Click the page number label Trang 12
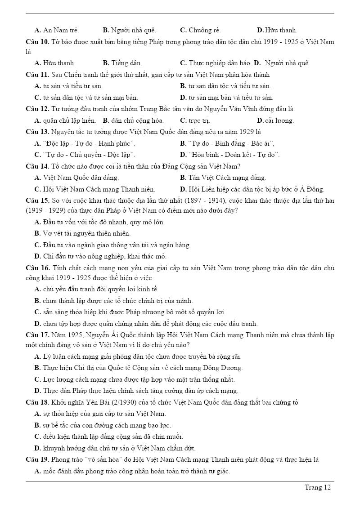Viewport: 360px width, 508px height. tap(318, 487)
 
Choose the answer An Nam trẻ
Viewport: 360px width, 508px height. tap(61, 30)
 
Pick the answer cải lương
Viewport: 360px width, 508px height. tap(279, 120)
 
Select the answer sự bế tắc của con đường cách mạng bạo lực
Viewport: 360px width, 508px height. tap(107, 425)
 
